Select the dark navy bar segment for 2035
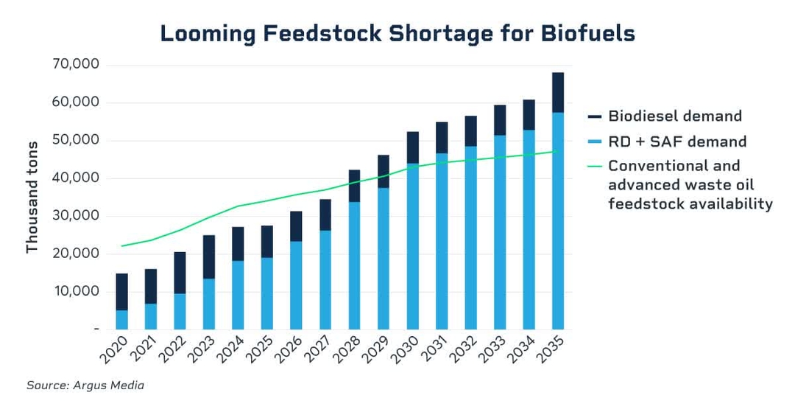pyautogui.click(x=559, y=92)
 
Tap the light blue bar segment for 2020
pyautogui.click(x=121, y=319)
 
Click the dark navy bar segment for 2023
pyautogui.click(x=209, y=257)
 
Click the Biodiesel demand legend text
pyautogui.click(x=674, y=116)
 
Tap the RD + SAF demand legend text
pyautogui.click(x=677, y=142)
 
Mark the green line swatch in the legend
pyautogui.click(x=595, y=166)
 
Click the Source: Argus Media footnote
pyautogui.click(x=85, y=386)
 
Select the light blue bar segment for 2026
pyautogui.click(x=297, y=285)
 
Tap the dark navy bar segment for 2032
pyautogui.click(x=471, y=130)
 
